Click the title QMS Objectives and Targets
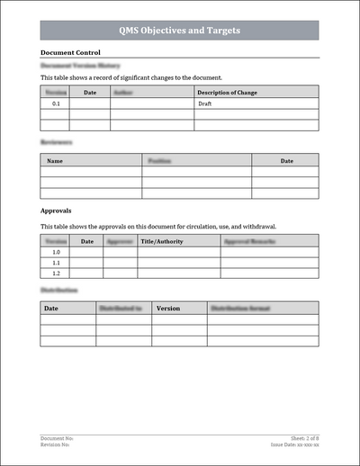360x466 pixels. click(180, 31)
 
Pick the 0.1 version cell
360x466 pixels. click(56, 103)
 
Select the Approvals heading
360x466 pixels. click(57, 210)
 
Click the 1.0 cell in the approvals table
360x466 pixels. click(56, 253)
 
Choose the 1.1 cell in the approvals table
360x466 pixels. click(56, 263)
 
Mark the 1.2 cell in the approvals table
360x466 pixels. click(56, 273)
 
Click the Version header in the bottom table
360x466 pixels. click(168, 308)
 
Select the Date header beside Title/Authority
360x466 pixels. click(87, 241)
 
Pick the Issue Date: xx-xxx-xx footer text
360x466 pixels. click(295, 444)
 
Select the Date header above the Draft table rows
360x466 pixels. click(90, 92)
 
